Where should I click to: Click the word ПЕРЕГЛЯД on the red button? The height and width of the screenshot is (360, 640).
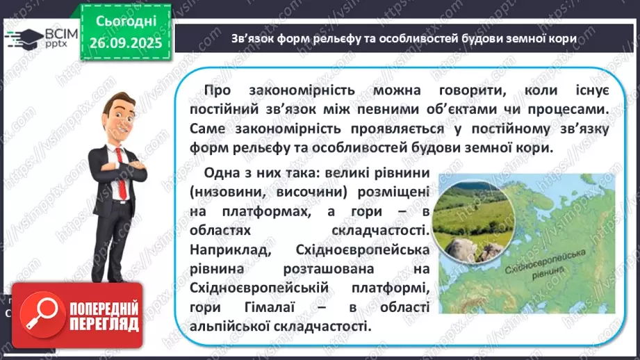[x=104, y=323]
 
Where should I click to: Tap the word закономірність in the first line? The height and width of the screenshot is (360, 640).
[x=301, y=92]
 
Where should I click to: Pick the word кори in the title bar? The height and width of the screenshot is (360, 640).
[x=563, y=39]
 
